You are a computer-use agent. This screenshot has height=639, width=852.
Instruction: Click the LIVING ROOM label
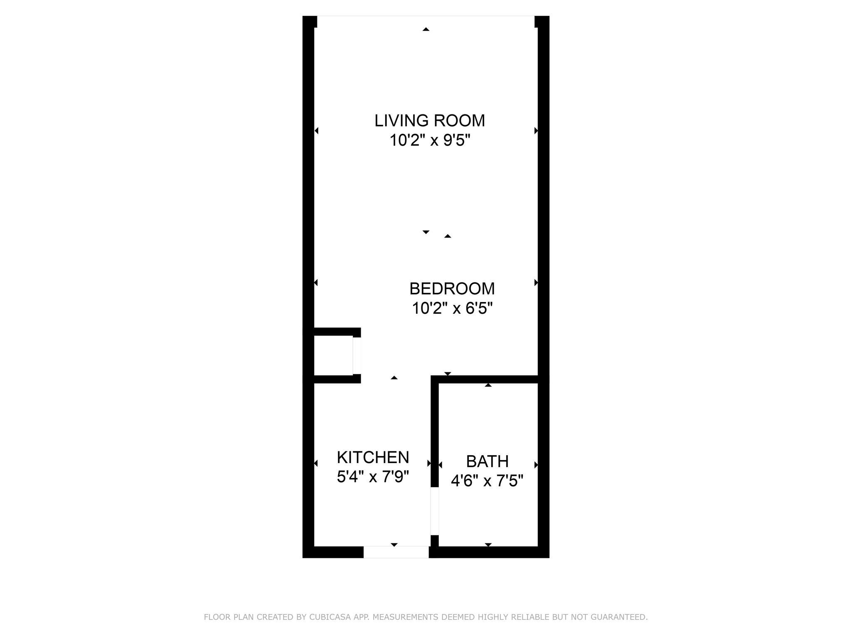(429, 121)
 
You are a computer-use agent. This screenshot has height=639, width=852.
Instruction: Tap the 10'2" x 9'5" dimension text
(429, 141)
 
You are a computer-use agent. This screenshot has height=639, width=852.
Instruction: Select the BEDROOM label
(452, 289)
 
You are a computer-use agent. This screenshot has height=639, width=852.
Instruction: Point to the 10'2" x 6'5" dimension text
(452, 309)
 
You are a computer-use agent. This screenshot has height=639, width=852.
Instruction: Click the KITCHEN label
(373, 457)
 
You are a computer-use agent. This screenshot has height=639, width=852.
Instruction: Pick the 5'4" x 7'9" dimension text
(373, 477)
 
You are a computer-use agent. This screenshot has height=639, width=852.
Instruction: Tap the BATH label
(487, 461)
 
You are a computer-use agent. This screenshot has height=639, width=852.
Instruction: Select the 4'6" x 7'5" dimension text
(487, 481)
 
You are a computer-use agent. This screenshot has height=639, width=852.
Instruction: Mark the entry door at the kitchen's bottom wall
(396, 552)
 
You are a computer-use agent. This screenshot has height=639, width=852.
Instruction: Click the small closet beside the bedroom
(333, 355)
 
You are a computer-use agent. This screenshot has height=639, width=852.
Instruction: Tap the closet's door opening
(357, 355)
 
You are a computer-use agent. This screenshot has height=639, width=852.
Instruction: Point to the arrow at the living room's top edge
(426, 29)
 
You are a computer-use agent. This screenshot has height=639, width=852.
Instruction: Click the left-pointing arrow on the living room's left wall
(317, 131)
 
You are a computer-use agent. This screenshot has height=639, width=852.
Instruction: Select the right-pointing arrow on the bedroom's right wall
(536, 283)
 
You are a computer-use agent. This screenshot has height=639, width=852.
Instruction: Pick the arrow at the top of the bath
(488, 385)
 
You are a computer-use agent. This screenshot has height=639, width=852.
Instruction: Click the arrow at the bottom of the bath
(488, 545)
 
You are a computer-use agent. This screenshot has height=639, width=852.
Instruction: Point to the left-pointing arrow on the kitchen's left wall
(316, 463)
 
